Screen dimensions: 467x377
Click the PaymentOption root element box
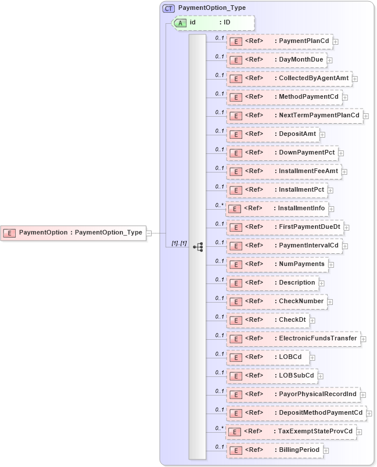click(x=73, y=232)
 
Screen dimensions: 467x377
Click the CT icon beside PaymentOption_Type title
click(x=168, y=8)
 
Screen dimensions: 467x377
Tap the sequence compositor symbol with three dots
click(x=198, y=246)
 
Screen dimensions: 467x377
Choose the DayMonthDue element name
click(x=301, y=60)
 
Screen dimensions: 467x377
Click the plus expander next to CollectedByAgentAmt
click(x=355, y=79)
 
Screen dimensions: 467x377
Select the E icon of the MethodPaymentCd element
click(x=235, y=97)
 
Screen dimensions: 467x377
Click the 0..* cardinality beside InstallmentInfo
click(x=219, y=205)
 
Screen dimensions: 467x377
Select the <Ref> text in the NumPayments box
click(x=254, y=264)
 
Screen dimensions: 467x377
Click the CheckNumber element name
click(x=301, y=301)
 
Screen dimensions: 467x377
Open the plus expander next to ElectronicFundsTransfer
click(x=363, y=339)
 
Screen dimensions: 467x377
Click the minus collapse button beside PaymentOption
click(x=149, y=233)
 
